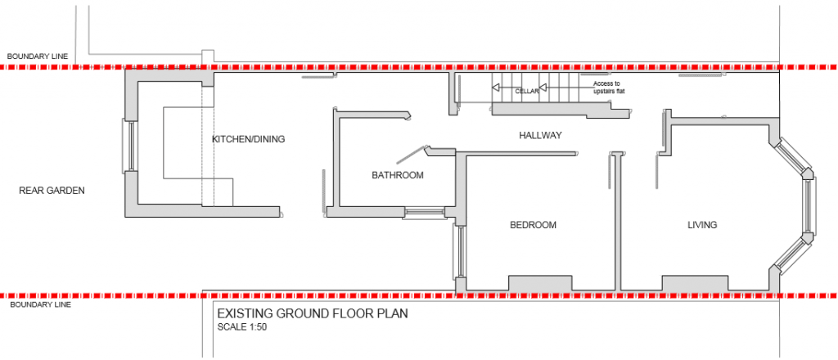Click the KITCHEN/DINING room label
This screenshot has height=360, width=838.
pos(248,139)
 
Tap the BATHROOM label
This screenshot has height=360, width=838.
pos(398,175)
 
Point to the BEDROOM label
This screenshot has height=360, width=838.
pos(533,225)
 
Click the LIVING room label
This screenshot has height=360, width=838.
pos(702,225)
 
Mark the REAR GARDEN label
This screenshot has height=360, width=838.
pos(52,191)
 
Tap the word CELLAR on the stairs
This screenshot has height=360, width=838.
pos(527,92)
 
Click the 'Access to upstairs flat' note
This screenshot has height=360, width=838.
pos(606,88)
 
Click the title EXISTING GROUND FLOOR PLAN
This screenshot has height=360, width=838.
pos(312,313)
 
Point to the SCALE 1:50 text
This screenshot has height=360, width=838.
pos(242,327)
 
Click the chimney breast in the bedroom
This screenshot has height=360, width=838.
pos(541,283)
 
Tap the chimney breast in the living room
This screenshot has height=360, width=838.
pos(695,283)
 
